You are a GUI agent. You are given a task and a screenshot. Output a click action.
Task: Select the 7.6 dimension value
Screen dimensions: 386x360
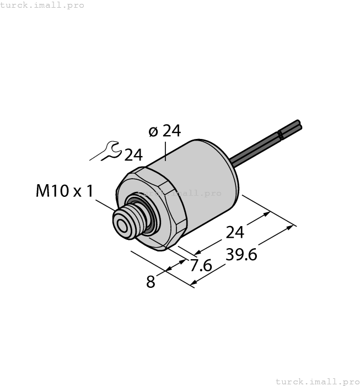[x=200, y=266]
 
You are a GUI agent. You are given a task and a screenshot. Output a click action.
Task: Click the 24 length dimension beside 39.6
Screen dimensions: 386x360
[x=235, y=233]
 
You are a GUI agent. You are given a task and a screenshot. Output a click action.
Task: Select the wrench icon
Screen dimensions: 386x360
[x=106, y=152]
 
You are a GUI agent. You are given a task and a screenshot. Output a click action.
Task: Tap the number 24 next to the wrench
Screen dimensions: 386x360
[x=133, y=156]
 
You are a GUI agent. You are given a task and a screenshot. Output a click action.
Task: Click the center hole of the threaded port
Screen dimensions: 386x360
[x=121, y=224]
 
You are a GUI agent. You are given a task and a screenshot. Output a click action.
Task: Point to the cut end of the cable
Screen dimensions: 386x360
[x=298, y=125]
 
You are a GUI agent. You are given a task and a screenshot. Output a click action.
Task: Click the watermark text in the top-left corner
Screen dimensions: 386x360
[x=42, y=5]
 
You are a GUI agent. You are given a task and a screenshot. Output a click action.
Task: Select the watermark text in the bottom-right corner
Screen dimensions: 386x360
[x=317, y=381]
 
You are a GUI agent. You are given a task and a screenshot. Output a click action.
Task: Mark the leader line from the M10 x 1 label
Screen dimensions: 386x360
[x=105, y=207]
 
